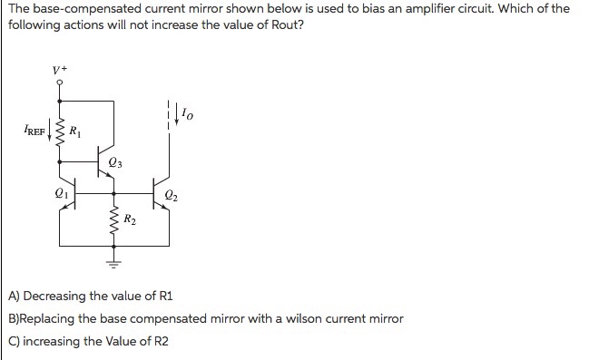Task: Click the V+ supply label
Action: coord(60,69)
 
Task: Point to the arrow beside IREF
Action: coord(50,139)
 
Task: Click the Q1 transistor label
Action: coord(61,193)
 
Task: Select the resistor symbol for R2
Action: coord(113,220)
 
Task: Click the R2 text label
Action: coord(130,219)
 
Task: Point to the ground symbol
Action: coord(113,264)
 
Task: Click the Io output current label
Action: coord(187,113)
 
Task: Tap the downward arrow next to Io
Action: coord(176,115)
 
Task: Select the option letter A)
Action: coord(14,297)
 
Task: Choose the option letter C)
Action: coord(14,342)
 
